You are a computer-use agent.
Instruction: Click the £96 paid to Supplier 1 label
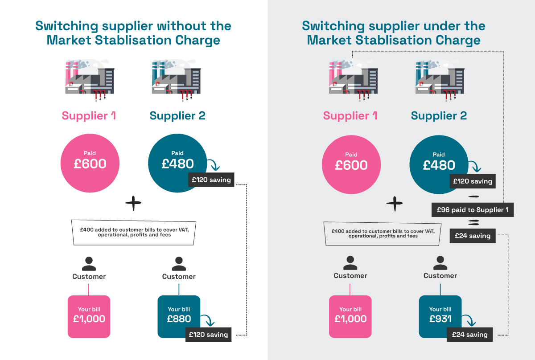(473, 209)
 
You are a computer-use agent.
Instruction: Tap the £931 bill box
(440, 315)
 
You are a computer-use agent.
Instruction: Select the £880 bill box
(179, 315)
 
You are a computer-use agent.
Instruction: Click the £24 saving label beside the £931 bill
(470, 335)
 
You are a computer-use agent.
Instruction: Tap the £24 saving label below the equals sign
(473, 236)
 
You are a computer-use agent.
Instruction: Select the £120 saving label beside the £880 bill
(208, 335)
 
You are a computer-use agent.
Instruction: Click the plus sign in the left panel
(133, 204)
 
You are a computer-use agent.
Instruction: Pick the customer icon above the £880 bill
(179, 263)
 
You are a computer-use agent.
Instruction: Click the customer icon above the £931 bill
(440, 262)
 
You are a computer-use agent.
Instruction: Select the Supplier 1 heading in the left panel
(89, 116)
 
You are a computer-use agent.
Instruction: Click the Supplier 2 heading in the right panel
(439, 116)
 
